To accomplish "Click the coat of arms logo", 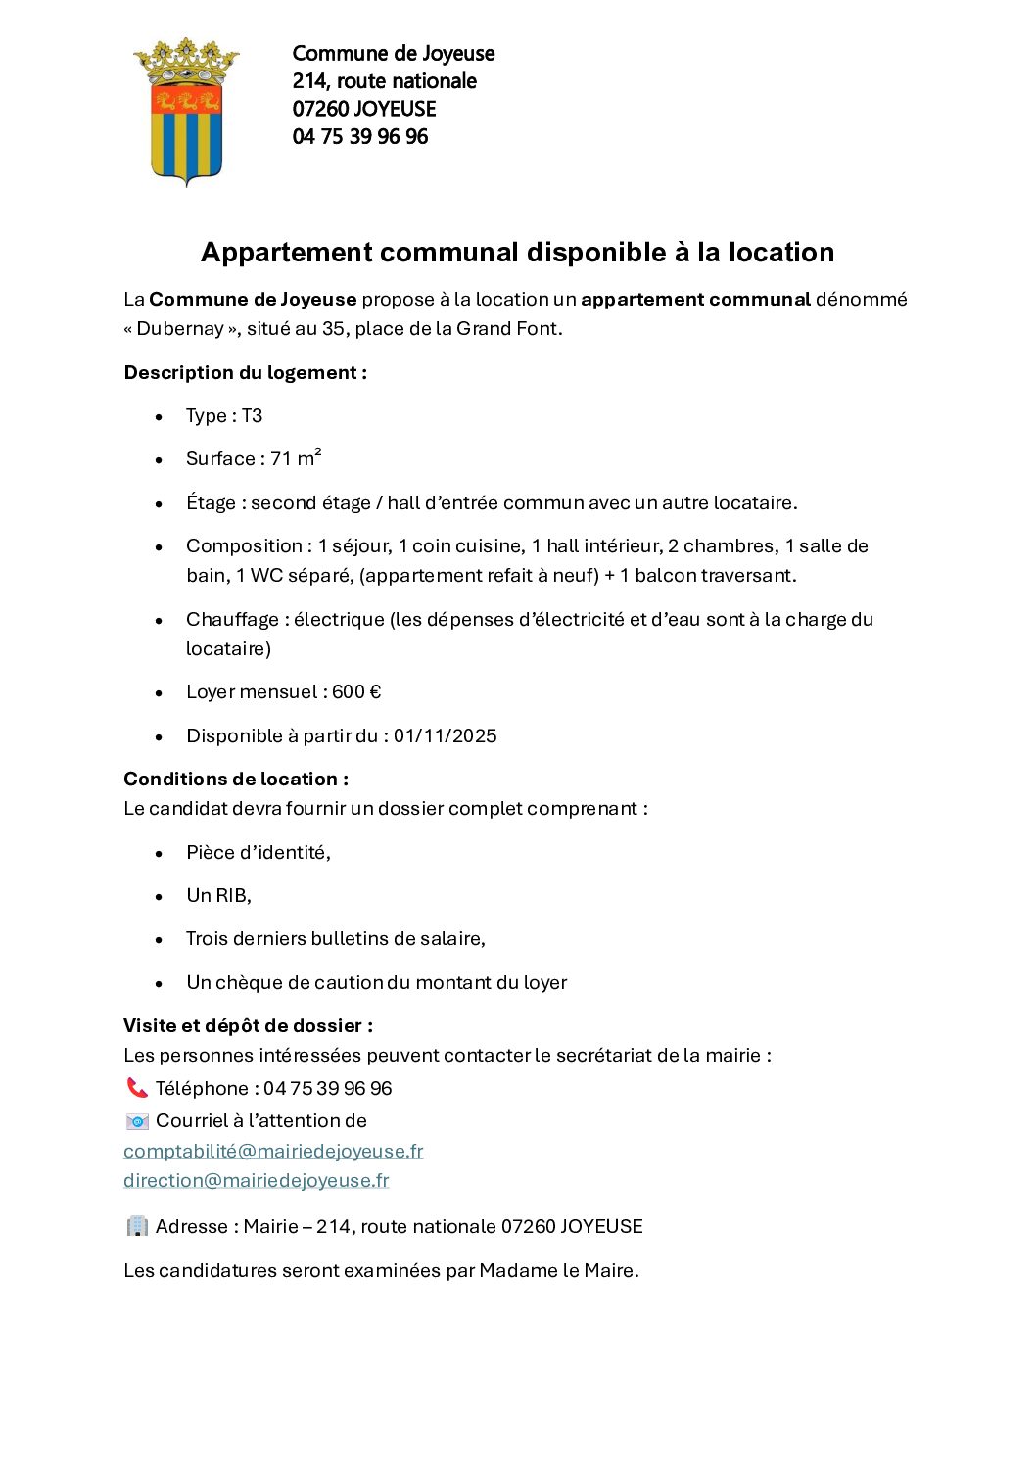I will [186, 113].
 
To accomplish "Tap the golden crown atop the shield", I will [186, 61].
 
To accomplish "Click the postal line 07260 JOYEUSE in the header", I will [363, 109].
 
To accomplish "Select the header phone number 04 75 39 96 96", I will [359, 136].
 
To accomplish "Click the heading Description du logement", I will [245, 373].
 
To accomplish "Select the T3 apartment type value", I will [252, 416].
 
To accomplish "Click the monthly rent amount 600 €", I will [356, 692].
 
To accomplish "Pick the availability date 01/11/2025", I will [445, 736].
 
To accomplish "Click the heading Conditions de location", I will [236, 780].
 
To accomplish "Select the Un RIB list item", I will [218, 896].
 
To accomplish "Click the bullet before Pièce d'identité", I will [159, 854].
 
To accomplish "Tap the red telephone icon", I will [136, 1088].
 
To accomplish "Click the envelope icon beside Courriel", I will [137, 1121].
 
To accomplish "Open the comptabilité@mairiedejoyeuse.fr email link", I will [273, 1152].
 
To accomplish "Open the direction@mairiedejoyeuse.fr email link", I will [256, 1181].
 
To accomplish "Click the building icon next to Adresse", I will [137, 1226].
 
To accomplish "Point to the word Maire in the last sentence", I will [609, 1271].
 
